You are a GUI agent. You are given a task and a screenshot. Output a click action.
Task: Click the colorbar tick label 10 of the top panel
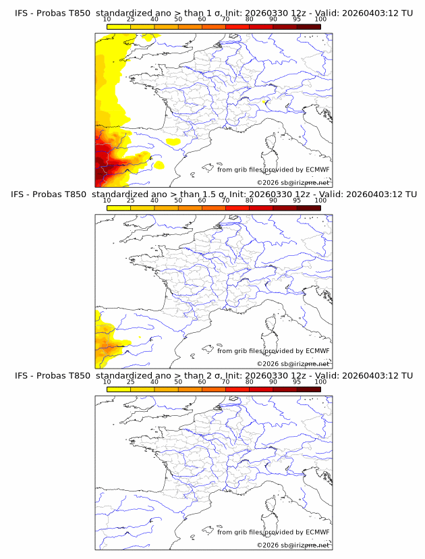[x=107, y=19]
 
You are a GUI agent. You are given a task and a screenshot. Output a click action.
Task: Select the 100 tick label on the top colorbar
[x=320, y=19]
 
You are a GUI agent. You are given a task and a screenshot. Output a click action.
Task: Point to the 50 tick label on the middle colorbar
[x=178, y=201]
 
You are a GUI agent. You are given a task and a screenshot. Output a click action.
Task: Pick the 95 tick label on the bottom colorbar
[x=297, y=381]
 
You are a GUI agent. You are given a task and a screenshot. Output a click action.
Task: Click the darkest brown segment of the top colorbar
[x=309, y=27]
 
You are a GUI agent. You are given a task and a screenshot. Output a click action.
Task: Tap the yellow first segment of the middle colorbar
[x=118, y=208]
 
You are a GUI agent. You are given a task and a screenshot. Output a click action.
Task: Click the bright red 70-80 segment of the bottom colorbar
[x=237, y=389]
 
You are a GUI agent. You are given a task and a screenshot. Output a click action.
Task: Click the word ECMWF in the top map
[x=317, y=169]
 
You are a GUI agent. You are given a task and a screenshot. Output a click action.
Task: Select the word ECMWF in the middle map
[x=317, y=350]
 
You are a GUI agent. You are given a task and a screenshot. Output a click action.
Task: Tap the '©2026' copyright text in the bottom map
[x=267, y=545]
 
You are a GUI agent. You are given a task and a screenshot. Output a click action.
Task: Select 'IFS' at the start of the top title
[x=22, y=13]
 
